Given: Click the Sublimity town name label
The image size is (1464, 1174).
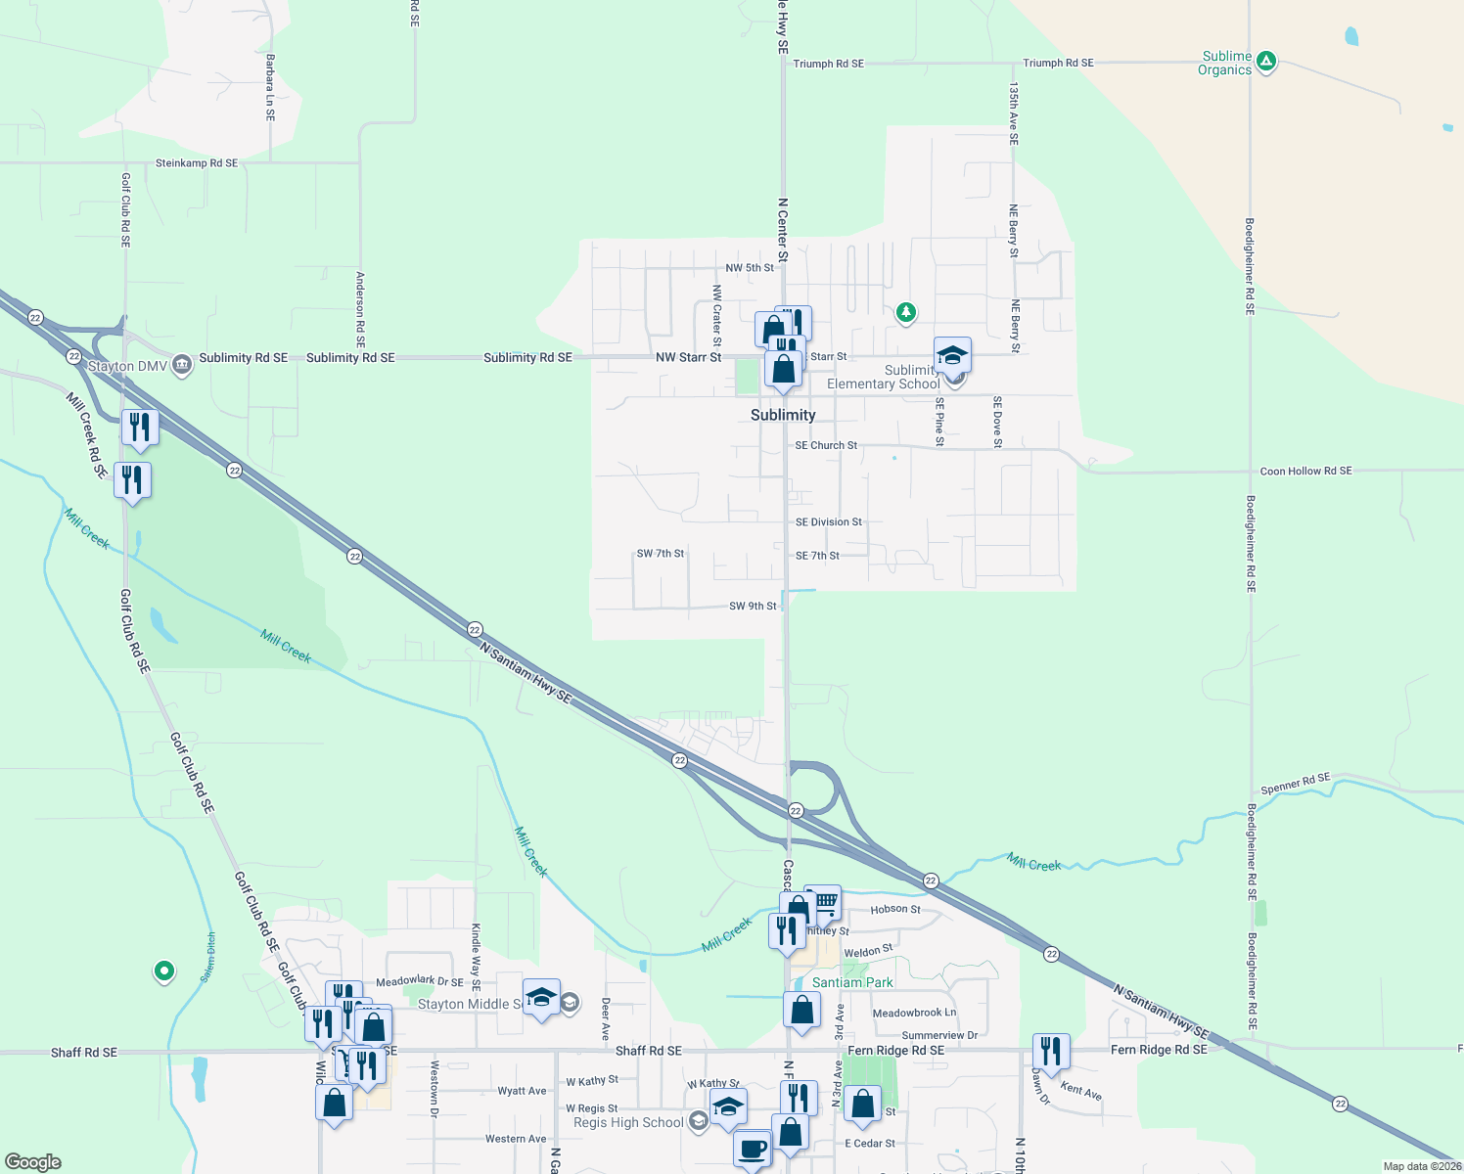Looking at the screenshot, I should point(783,415).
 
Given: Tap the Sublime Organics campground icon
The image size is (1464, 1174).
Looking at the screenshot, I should point(1265,62).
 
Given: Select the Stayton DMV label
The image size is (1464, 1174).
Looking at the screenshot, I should point(127,366).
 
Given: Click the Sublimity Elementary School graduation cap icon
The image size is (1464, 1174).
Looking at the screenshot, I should point(951,355).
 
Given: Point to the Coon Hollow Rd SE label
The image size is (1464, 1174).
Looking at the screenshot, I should point(1305,471).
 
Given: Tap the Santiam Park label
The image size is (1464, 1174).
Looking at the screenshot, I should point(852,982).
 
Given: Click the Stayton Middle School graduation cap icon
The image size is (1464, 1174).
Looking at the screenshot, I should point(541,998).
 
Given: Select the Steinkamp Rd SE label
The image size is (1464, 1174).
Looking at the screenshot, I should point(197,163).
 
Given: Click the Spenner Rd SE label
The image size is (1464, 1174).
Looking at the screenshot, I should point(1295,784).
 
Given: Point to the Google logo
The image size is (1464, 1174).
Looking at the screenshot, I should point(33,1162).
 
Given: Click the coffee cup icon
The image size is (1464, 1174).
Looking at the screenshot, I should point(752,1147).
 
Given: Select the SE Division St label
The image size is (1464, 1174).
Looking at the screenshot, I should point(829,522).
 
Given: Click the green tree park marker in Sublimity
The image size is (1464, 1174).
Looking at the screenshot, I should point(906,312).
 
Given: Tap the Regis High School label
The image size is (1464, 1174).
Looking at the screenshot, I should point(628,1122).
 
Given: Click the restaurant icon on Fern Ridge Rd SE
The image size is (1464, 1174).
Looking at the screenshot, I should point(1050,1052).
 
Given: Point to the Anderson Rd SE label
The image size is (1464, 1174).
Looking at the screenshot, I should point(360,309).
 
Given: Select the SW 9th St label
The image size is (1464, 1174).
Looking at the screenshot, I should point(753,607).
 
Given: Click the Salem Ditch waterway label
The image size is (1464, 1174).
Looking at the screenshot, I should point(208,958).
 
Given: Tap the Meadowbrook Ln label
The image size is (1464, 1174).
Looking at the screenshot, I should point(914,1014).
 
